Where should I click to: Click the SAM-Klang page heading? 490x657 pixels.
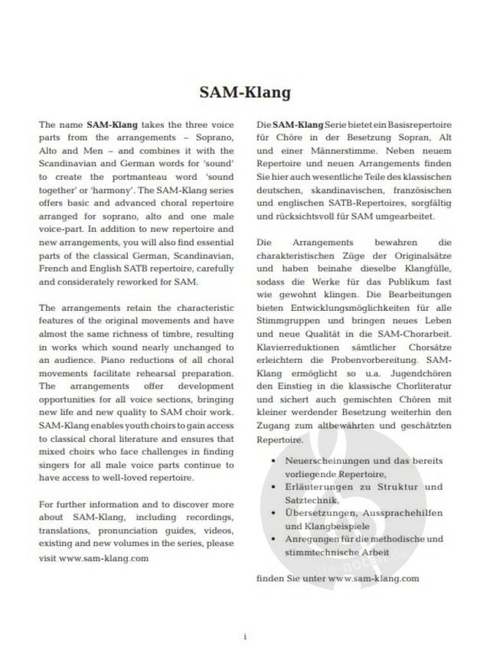coord(245,93)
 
